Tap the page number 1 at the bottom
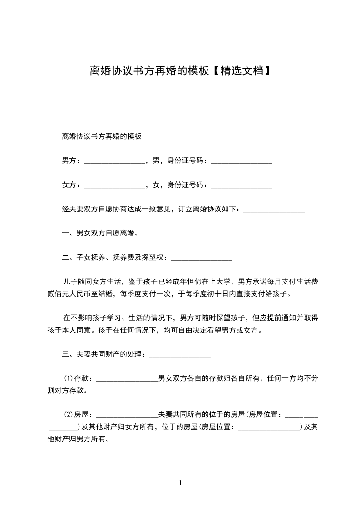tap(180, 483)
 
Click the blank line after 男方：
tap(114, 162)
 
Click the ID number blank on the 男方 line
tap(242, 162)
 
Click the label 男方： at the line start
tap(72, 161)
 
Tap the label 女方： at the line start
tap(72, 185)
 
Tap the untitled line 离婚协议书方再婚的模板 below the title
tap(102, 136)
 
